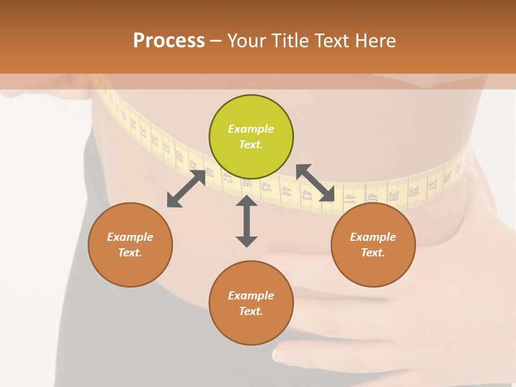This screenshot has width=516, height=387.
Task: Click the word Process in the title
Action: tap(169, 41)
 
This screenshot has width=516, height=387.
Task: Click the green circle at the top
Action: tap(251, 137)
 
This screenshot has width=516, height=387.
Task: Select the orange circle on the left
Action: tap(130, 245)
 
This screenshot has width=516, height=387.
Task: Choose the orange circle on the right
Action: tap(373, 245)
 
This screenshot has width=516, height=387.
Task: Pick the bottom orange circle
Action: tap(251, 303)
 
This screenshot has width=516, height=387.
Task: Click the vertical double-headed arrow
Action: tap(247, 221)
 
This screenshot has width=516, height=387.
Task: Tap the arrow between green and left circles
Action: tap(186, 189)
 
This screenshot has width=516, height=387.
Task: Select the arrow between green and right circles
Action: tap(316, 183)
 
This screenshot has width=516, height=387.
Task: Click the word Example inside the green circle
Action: tap(251, 129)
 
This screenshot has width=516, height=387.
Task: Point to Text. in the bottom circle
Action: tap(251, 311)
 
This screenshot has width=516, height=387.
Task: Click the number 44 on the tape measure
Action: tap(286, 191)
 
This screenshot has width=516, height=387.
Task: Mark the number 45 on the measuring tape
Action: tap(266, 187)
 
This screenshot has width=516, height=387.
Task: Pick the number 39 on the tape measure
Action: tap(393, 196)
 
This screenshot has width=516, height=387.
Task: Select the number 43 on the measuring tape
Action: tap(307, 195)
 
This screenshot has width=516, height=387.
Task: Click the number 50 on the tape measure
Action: tap(179, 158)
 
